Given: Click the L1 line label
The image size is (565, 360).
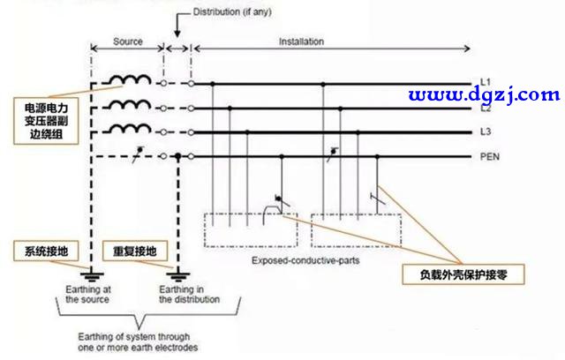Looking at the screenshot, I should pos(485,83).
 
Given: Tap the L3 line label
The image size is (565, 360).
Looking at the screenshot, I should pos(485,132).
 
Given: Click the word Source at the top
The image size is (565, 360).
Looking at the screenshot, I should pos(129,42).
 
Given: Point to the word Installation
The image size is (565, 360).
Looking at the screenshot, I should pos(301,42).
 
